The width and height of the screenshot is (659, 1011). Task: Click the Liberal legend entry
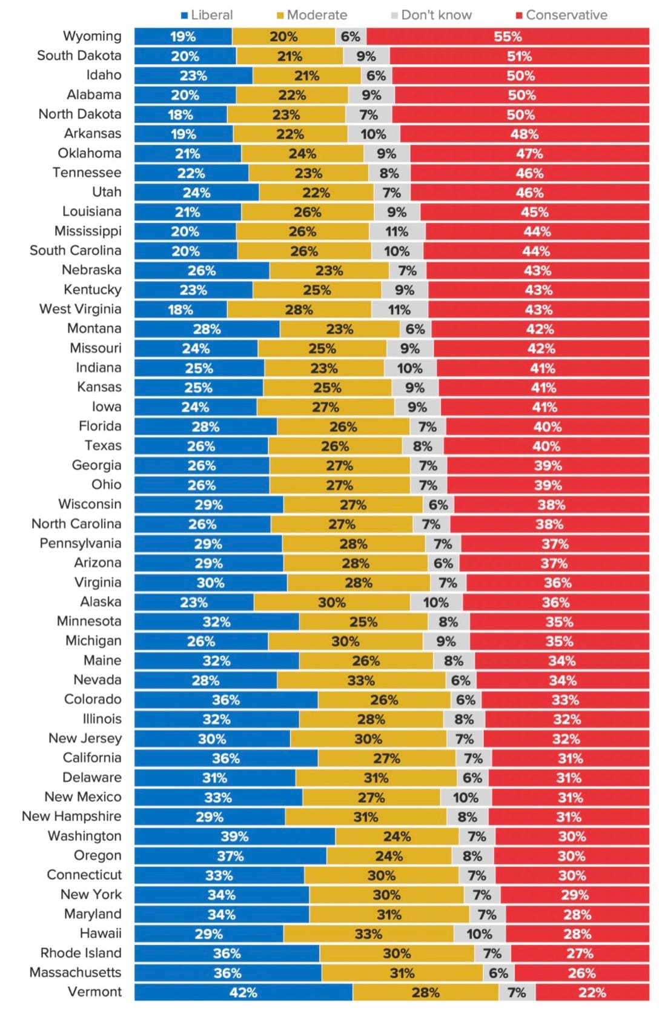(207, 15)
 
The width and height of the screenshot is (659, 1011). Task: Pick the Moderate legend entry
(312, 15)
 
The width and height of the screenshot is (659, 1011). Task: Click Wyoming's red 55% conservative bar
(508, 36)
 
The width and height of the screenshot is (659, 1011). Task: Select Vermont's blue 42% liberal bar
(243, 992)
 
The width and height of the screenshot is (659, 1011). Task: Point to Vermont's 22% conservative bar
(592, 992)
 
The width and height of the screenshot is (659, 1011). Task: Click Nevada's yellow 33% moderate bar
(361, 680)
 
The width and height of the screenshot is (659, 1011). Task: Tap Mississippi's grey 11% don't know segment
(397, 231)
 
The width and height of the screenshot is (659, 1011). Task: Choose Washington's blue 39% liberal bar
(234, 837)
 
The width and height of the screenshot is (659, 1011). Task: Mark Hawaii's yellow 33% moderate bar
(368, 934)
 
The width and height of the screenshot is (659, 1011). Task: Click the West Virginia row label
(80, 309)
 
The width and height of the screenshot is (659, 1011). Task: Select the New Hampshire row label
(71, 816)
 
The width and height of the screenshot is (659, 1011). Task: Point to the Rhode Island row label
(81, 953)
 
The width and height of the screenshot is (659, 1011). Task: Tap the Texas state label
(103, 445)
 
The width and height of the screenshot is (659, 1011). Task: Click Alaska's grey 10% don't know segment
(436, 602)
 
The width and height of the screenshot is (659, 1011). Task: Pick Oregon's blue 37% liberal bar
(230, 856)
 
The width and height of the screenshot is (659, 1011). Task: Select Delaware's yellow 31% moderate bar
(376, 778)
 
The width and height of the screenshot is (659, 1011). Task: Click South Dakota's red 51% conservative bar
(519, 56)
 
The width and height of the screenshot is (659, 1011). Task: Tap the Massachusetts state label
(75, 972)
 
